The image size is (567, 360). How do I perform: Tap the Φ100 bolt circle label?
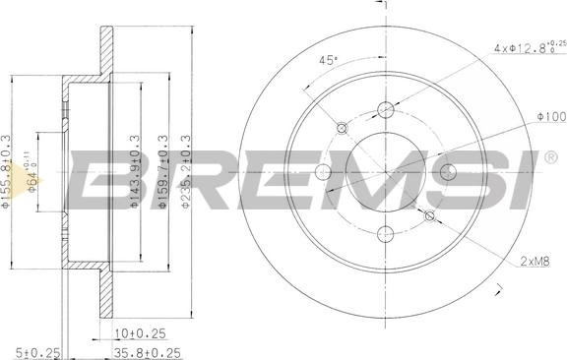(x=550, y=117)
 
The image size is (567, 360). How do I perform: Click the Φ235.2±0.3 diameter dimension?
(x=187, y=171)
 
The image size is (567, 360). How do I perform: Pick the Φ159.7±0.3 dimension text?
(x=162, y=172)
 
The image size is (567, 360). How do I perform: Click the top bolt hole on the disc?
(x=386, y=110)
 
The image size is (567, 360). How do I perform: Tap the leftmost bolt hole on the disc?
(x=324, y=173)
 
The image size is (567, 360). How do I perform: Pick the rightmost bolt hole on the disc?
(x=449, y=173)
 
